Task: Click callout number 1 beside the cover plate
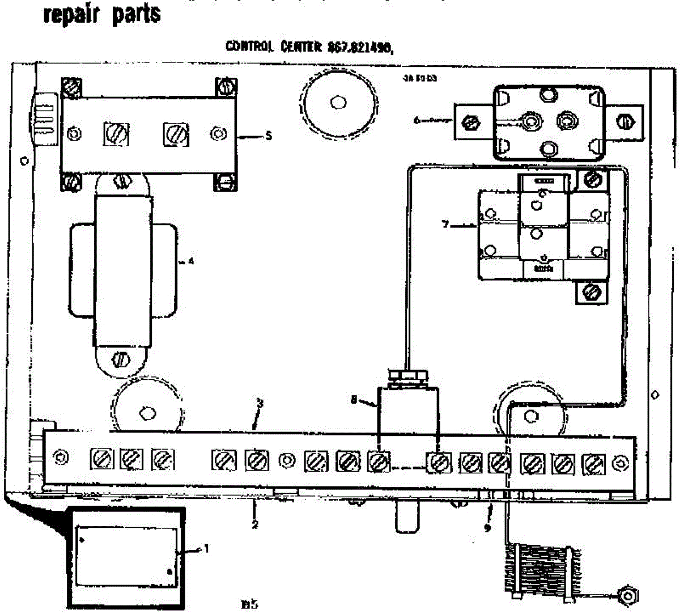pos(206,548)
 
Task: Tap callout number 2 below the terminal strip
pos(255,524)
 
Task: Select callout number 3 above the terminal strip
pos(260,404)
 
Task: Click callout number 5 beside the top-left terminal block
pos(269,136)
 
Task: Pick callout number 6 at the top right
pos(417,120)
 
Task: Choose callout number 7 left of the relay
pos(446,225)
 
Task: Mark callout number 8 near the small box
pos(354,399)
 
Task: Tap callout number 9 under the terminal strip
pos(487,528)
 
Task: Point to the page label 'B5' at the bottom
pos(250,604)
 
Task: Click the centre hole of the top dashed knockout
pos(338,103)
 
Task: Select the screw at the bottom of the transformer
pos(121,359)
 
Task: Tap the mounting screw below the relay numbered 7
pos(591,293)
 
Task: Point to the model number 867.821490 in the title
pos(360,48)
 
